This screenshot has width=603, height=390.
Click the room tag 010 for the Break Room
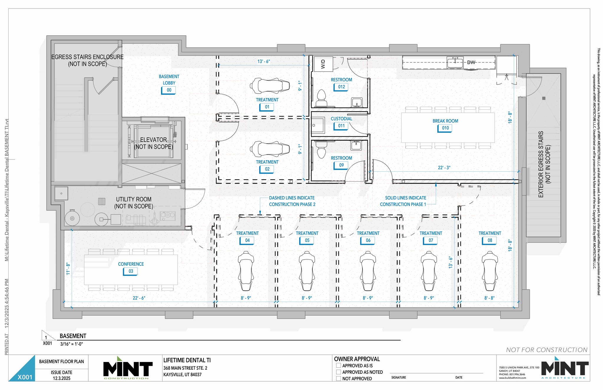pyautogui.click(x=445, y=128)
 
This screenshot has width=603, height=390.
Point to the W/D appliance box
pyautogui.click(x=323, y=64)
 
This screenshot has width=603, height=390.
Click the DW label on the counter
pyautogui.click(x=471, y=62)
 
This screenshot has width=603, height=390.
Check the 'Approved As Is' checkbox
pyautogui.click(x=339, y=366)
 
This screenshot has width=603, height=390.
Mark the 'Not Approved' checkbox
pyautogui.click(x=339, y=379)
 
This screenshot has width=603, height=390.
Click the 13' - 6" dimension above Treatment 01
pyautogui.click(x=264, y=62)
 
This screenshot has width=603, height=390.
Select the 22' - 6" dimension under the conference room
pyautogui.click(x=139, y=298)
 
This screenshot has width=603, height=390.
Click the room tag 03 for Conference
pyautogui.click(x=131, y=271)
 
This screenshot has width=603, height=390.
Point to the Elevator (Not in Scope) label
pyautogui.click(x=153, y=143)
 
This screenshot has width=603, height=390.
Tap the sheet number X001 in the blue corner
pyautogui.click(x=25, y=377)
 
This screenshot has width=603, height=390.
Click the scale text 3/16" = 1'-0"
pyautogui.click(x=72, y=344)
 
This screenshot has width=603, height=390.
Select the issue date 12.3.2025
pyautogui.click(x=62, y=378)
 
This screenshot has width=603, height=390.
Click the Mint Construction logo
pyautogui.click(x=128, y=369)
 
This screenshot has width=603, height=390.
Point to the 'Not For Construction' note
pyautogui.click(x=546, y=350)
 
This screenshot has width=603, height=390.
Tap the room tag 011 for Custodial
pyautogui.click(x=341, y=126)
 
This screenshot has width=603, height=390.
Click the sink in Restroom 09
pyautogui.click(x=356, y=145)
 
